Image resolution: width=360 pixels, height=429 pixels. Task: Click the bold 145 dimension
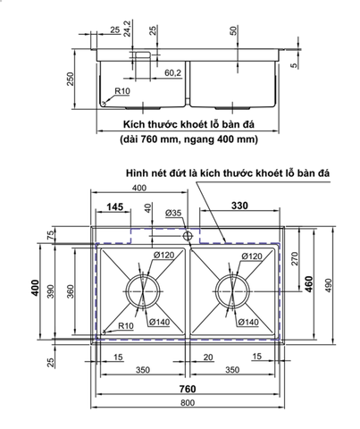[114, 206]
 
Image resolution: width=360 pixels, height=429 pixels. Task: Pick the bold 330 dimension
[239, 206]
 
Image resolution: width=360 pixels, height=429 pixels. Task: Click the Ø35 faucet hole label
[172, 213]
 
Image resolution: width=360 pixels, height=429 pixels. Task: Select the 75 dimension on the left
[51, 235]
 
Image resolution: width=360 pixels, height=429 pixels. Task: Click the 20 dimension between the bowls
[207, 357]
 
